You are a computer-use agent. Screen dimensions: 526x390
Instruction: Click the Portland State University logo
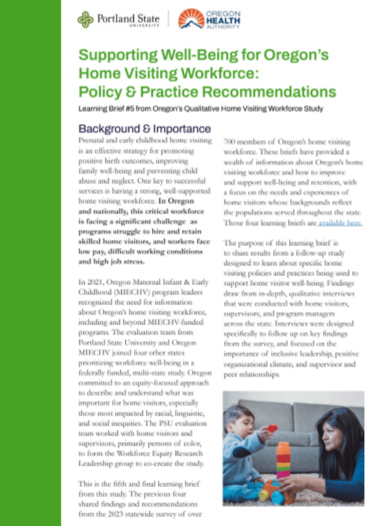[118, 19]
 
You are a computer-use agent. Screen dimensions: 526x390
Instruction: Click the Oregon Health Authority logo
[209, 19]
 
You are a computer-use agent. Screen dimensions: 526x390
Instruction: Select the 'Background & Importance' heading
[145, 129]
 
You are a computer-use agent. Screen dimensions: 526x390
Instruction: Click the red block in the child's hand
[272, 429]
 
